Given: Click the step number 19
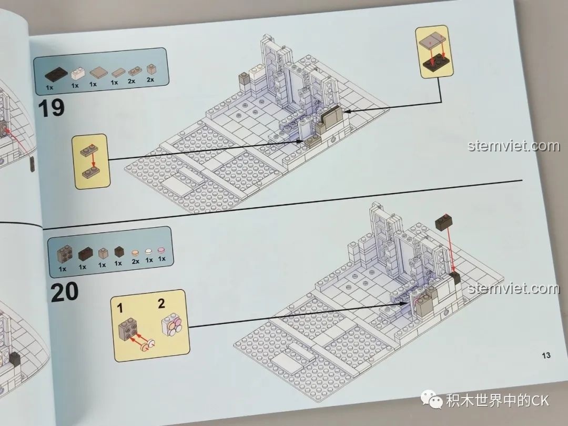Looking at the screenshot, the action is tap(51, 108).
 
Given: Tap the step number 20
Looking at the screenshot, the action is tap(65, 292).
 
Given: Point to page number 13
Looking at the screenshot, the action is tap(546, 356).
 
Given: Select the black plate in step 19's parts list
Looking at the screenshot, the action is tap(56, 75).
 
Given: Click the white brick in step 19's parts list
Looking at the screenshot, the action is tap(77, 74).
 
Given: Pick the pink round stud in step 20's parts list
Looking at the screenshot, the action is tap(161, 250).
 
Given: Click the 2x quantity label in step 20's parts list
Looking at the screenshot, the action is tap(136, 261).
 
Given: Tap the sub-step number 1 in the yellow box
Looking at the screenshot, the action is tap(120, 308).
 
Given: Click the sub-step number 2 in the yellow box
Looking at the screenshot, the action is tap(161, 303).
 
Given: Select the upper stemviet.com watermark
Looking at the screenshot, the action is tap(513, 146).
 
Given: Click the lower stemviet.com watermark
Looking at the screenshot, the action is tap(514, 289).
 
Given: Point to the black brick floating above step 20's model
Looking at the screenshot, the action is tap(444, 221).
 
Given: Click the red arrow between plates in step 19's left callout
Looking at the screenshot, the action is tap(94, 160).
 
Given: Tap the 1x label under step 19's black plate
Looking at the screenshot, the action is tap(49, 87).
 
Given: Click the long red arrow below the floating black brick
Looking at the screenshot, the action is tap(451, 248).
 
